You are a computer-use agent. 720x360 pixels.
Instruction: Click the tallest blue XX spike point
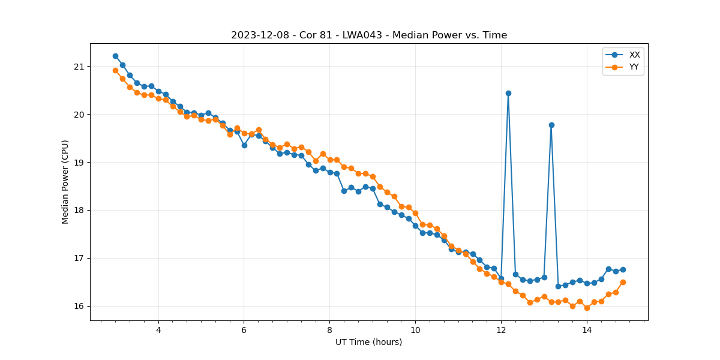pyautogui.click(x=508, y=93)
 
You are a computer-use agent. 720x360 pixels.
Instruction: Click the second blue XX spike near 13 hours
pyautogui.click(x=551, y=125)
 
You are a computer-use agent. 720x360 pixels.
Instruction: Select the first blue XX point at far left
pyautogui.click(x=115, y=56)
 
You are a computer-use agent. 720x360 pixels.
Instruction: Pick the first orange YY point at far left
pyautogui.click(x=115, y=70)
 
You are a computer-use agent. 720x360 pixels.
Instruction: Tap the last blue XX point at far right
pyautogui.click(x=623, y=269)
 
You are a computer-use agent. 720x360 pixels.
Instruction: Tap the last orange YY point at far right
pyautogui.click(x=623, y=282)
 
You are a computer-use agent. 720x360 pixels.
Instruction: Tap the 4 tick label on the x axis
pyautogui.click(x=158, y=330)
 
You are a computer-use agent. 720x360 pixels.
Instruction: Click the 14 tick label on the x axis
pyautogui.click(x=587, y=330)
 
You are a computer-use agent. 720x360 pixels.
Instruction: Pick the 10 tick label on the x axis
pyautogui.click(x=415, y=330)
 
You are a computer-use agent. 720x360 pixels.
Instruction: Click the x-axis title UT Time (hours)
pyautogui.click(x=368, y=342)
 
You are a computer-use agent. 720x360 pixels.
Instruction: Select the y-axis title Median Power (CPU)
pyautogui.click(x=65, y=182)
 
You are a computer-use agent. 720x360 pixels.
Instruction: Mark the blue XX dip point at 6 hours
pyautogui.click(x=244, y=145)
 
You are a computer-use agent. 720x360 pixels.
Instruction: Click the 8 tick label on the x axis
pyautogui.click(x=329, y=330)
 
